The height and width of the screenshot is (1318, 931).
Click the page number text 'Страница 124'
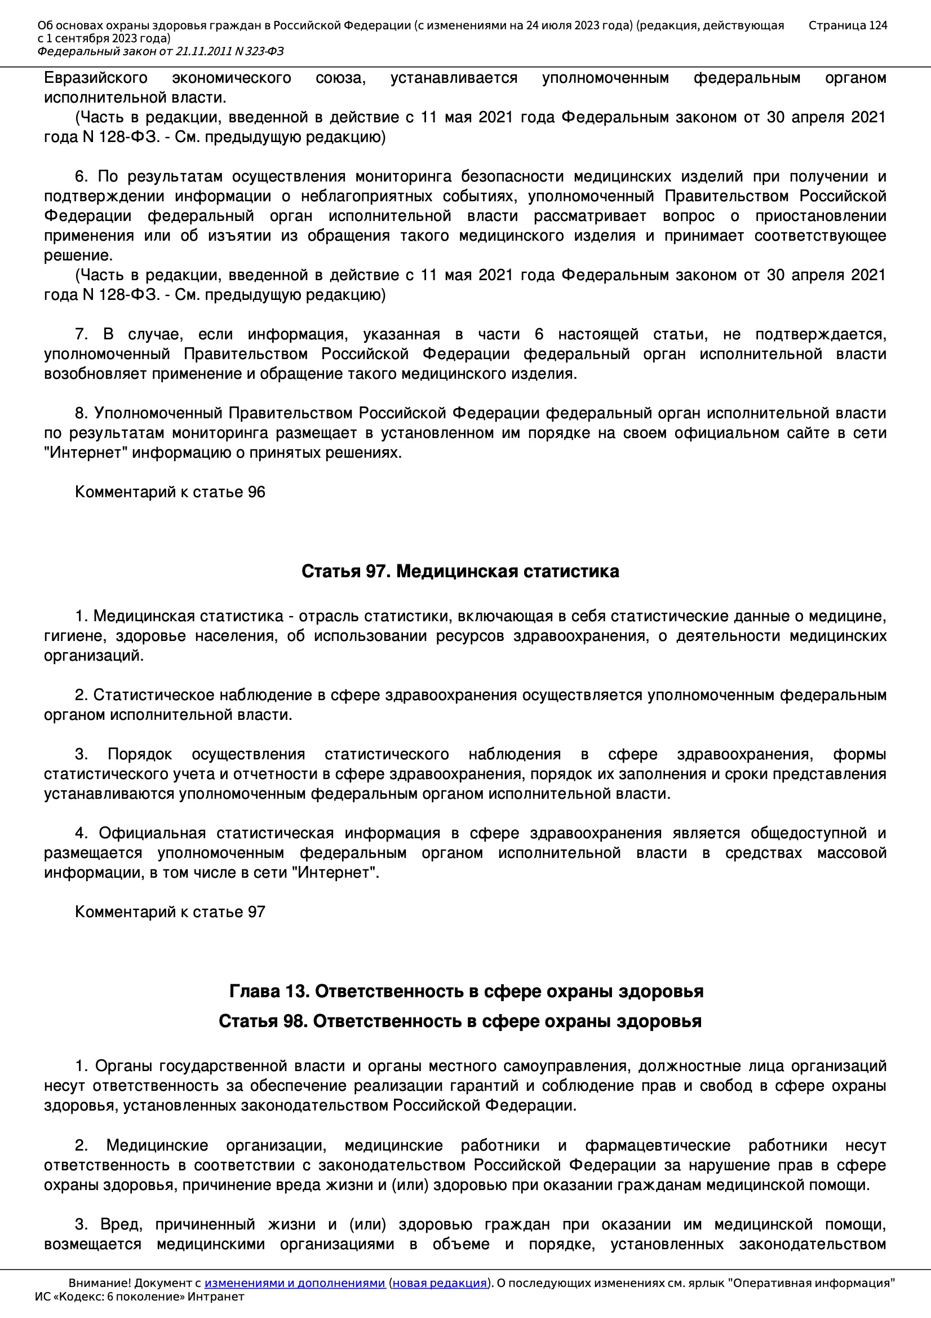[x=847, y=25]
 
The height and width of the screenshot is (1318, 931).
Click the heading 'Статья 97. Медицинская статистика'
[x=460, y=571]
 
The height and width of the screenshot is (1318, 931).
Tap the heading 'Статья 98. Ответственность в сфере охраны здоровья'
[x=460, y=1021]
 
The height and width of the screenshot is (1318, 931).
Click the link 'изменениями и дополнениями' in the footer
[x=294, y=1283]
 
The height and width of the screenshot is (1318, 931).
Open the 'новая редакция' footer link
[x=439, y=1283]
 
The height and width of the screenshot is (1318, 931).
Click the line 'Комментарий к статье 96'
[x=170, y=492]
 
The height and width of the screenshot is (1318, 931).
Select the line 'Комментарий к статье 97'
[x=170, y=912]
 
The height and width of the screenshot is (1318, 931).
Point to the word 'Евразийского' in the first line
[x=95, y=78]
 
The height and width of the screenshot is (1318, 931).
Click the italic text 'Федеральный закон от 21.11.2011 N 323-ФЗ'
[x=160, y=52]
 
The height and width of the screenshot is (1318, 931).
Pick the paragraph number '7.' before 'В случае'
[x=81, y=334]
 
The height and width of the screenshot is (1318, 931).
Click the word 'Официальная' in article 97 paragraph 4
[x=152, y=833]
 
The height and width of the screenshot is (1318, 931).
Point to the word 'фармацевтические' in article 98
[x=657, y=1145]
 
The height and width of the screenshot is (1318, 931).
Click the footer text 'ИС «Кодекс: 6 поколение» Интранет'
[x=139, y=1297]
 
